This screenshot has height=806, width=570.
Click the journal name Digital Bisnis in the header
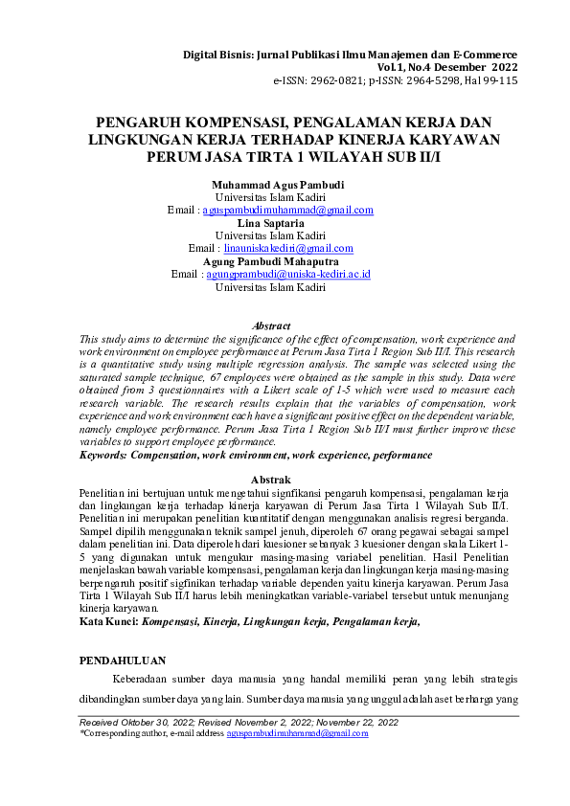[x=216, y=56]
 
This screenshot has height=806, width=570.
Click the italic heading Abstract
[x=270, y=326]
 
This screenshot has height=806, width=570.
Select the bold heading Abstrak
[x=270, y=479]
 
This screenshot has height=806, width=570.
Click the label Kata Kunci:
[x=108, y=621]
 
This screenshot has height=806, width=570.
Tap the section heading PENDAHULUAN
[x=122, y=660]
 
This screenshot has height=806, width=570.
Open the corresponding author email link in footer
[x=297, y=733]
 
